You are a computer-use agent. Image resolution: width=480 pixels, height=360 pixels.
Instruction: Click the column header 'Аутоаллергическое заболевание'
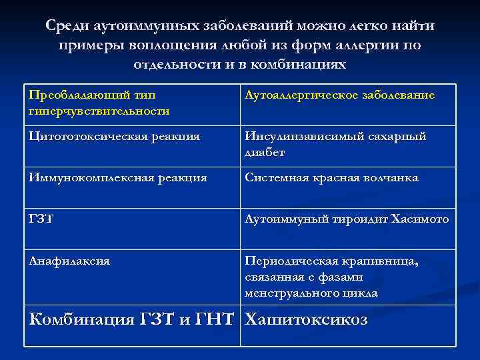(340, 95)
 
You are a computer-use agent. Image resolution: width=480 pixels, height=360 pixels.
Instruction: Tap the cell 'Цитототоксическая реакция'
(114, 137)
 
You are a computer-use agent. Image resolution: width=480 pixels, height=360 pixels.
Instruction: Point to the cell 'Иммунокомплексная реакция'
(118, 178)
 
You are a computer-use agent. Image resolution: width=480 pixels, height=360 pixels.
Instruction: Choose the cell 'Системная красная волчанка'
(331, 178)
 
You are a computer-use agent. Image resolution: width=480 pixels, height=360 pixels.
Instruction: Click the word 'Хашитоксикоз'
(306, 321)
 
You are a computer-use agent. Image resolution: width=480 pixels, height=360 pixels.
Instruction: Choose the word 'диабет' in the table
(265, 152)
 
